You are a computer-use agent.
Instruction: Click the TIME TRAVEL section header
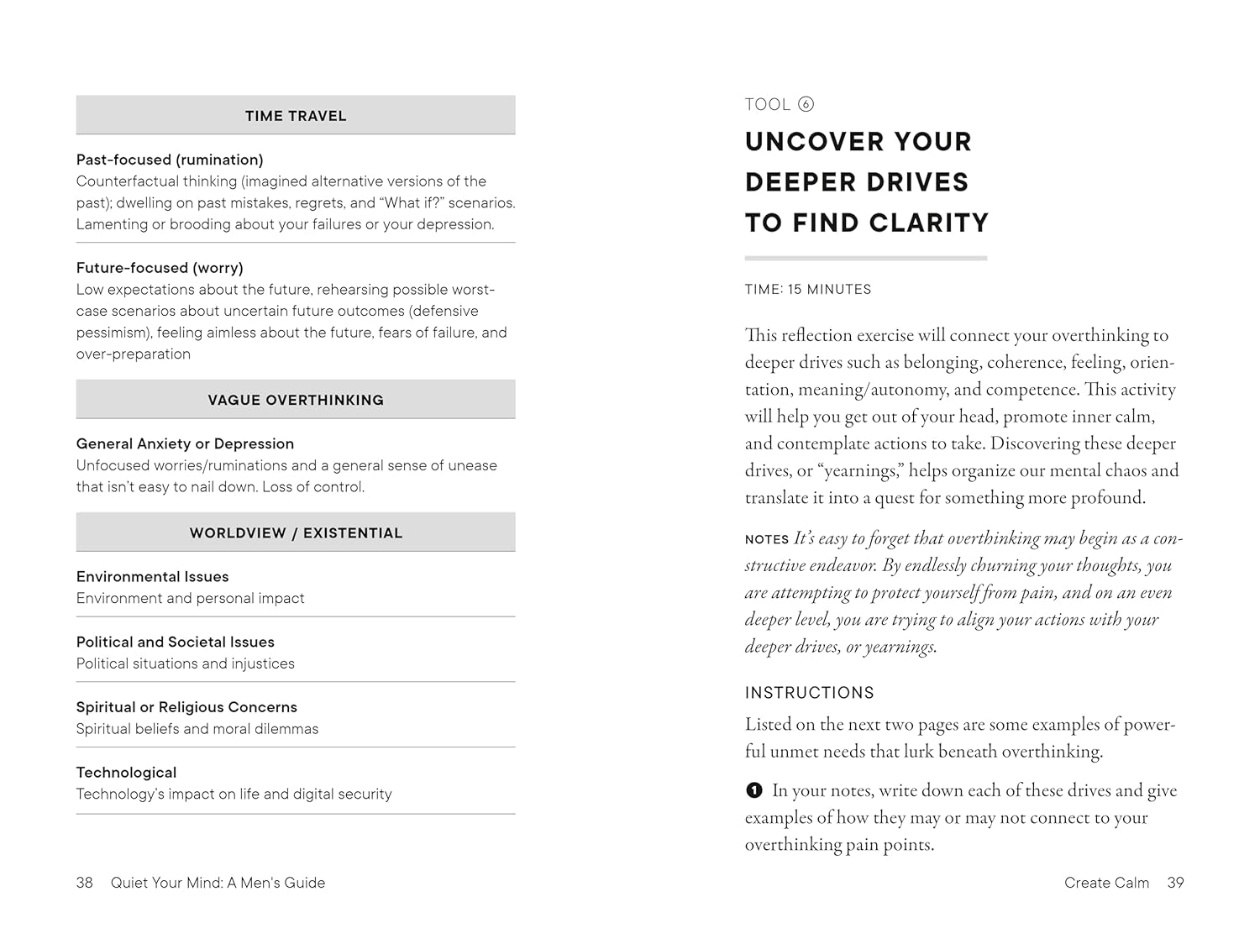[x=296, y=116]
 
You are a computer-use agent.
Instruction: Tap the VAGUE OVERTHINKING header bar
[x=296, y=400]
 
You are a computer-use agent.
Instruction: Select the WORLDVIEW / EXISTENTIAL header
[x=296, y=532]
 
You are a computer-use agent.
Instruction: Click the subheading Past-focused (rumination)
[x=170, y=160]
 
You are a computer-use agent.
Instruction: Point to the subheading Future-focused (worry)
[x=160, y=268]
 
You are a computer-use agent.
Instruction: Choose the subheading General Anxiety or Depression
[x=185, y=443]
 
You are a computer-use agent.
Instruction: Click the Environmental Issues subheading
[x=152, y=576]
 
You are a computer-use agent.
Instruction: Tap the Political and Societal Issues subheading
[x=175, y=642]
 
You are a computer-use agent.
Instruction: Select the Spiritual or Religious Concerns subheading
[x=186, y=707]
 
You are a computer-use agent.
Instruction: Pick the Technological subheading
[x=126, y=773]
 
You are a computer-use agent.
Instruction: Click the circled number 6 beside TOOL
[x=806, y=104]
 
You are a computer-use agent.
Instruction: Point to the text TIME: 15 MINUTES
[x=808, y=290]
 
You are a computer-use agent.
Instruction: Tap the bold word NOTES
[x=767, y=539]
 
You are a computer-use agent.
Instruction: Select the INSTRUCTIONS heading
[x=809, y=693]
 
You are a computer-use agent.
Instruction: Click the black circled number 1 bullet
[x=754, y=790]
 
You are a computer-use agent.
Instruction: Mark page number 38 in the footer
[x=84, y=883]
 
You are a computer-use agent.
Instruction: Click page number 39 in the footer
[x=1175, y=883]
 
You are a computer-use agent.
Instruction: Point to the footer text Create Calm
[x=1106, y=883]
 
